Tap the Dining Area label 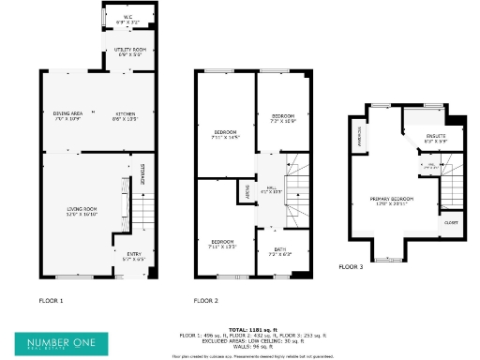[x=68, y=116]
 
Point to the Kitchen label [x=126, y=116]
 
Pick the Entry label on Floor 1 [x=134, y=255]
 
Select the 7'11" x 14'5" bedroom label [x=226, y=136]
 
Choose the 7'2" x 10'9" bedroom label [x=283, y=119]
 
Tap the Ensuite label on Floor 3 [x=436, y=138]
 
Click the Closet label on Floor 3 [x=451, y=223]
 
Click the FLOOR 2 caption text [x=205, y=301]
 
